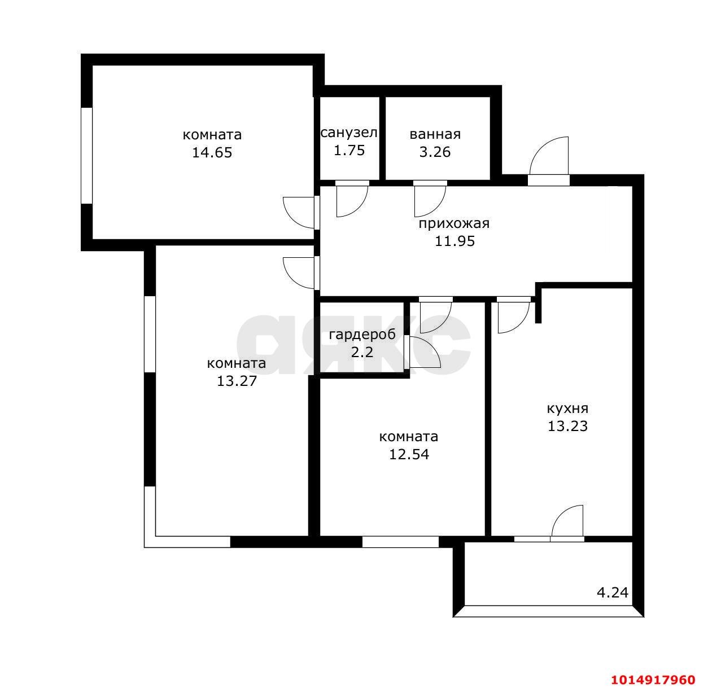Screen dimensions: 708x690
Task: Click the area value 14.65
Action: (x=212, y=152)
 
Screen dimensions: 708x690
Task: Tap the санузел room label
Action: (x=349, y=133)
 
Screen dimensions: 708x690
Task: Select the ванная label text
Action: (x=435, y=134)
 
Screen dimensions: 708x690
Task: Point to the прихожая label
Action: (x=454, y=223)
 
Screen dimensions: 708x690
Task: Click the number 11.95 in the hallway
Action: (x=454, y=241)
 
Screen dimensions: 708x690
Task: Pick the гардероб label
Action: (x=362, y=335)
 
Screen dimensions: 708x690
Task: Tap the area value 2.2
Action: (x=362, y=352)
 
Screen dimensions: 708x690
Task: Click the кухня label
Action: (x=567, y=408)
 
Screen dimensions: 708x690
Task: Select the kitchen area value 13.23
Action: (x=567, y=426)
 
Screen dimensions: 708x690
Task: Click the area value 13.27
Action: (x=237, y=381)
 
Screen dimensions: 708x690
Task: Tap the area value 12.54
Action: (x=409, y=454)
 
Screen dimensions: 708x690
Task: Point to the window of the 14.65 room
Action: (x=86, y=156)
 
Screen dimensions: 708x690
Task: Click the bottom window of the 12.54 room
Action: (x=400, y=542)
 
